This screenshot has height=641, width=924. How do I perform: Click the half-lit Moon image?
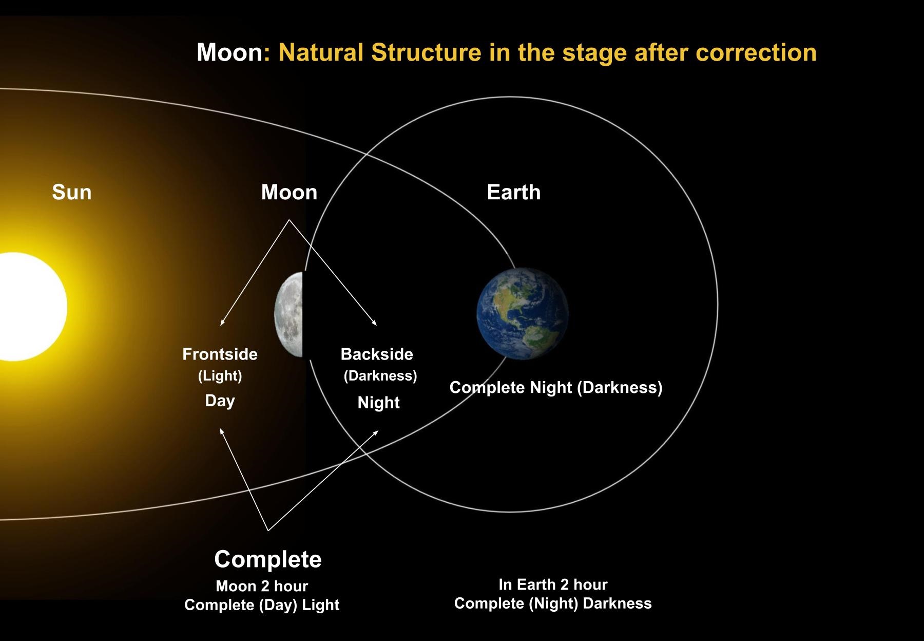(290, 315)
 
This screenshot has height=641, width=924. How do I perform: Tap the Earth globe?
(522, 313)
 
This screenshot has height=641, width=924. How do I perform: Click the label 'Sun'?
(72, 192)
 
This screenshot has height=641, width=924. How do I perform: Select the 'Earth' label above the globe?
(513, 192)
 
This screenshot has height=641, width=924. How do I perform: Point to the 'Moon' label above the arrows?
(289, 192)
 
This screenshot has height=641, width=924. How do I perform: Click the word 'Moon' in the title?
(229, 52)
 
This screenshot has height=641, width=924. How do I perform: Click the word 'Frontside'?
(220, 354)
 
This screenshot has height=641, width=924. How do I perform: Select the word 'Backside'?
(377, 354)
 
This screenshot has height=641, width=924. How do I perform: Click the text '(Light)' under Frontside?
(220, 375)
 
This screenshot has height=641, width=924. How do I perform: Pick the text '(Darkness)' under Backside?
(380, 375)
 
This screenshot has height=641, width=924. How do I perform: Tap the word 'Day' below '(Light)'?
(220, 400)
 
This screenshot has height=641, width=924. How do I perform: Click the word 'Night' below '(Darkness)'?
(378, 402)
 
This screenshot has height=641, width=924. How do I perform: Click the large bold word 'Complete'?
(267, 559)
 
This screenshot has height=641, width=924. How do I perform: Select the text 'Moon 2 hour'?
(262, 586)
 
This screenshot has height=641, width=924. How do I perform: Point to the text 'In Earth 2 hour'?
(553, 584)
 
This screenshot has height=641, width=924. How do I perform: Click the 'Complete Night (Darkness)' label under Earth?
(555, 387)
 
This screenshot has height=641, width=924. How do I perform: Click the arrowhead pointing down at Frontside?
(222, 324)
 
